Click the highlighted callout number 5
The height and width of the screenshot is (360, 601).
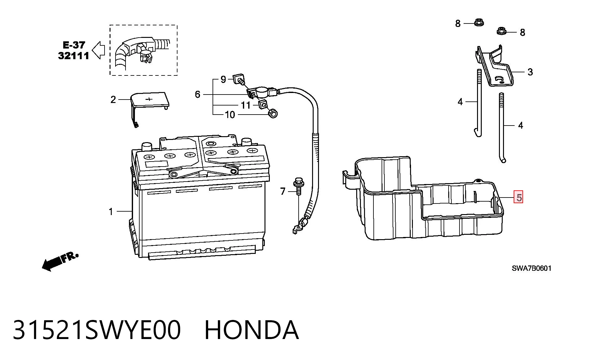[x=519, y=198]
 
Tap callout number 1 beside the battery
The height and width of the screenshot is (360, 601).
[x=111, y=212]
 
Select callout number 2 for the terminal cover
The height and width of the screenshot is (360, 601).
[x=113, y=100]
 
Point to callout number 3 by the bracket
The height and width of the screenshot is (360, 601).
[x=530, y=72]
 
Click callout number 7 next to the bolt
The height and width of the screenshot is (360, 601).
[x=283, y=191]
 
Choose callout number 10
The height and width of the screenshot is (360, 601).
[x=230, y=115]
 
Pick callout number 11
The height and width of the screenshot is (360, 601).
[x=246, y=105]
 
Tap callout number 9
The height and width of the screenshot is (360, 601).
[x=223, y=80]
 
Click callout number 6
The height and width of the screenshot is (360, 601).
[x=198, y=94]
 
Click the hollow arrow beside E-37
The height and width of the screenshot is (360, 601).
[x=98, y=50]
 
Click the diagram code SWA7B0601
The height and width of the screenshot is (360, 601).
[x=532, y=268]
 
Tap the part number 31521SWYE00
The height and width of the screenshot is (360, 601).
[x=97, y=330]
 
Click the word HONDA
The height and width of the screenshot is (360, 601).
[x=252, y=330]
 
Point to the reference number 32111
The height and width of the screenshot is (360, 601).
[x=74, y=56]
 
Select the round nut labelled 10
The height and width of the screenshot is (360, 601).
[x=273, y=113]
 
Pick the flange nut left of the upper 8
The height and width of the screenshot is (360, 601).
[x=478, y=23]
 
